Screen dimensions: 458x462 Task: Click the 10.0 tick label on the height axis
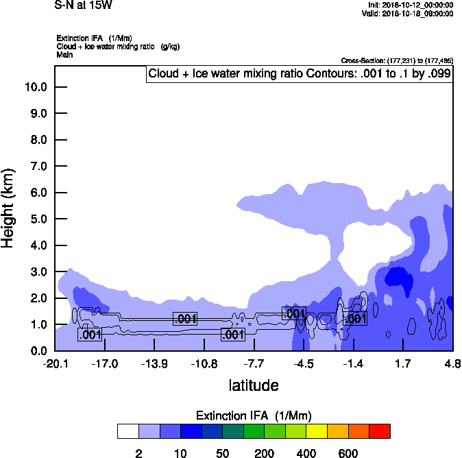pyautogui.click(x=36, y=87)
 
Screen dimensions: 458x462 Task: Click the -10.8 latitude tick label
pyautogui.click(x=204, y=363)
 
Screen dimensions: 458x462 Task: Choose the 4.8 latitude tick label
pyautogui.click(x=452, y=363)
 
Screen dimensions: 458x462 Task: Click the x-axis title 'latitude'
pyautogui.click(x=254, y=385)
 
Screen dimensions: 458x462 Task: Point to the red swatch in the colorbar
pyautogui.click(x=380, y=431)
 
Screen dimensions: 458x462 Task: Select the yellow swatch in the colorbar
pyautogui.click(x=317, y=431)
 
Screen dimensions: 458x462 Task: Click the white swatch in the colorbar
pyautogui.click(x=127, y=431)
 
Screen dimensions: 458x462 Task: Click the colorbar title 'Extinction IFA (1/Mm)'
pyautogui.click(x=254, y=415)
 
